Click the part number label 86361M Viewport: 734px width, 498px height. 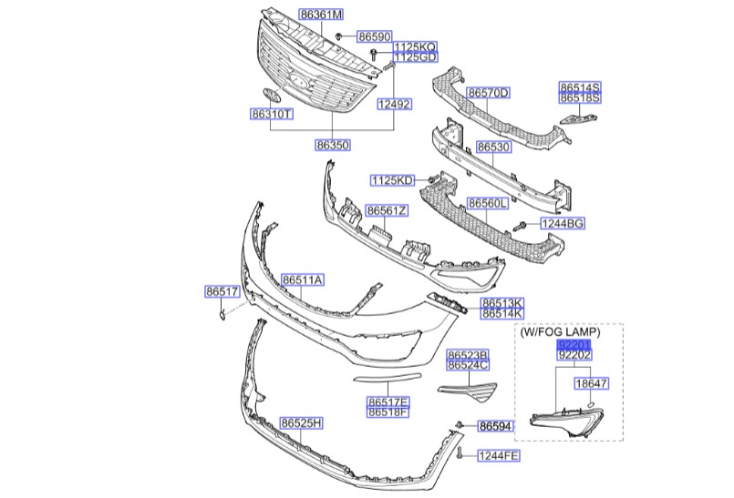click(322, 15)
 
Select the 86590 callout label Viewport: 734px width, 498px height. click(373, 36)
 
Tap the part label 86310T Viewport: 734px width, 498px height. click(273, 115)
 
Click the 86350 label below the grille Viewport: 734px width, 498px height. click(334, 145)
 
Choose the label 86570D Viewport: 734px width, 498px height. click(489, 93)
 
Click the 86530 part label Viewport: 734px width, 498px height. click(493, 146)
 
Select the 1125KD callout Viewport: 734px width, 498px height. click(392, 179)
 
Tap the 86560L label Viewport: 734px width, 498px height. click(488, 203)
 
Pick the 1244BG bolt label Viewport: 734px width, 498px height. click(562, 223)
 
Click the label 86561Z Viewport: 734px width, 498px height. click(387, 210)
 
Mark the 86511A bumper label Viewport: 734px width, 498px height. click(302, 279)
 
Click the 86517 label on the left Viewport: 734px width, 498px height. click(221, 292)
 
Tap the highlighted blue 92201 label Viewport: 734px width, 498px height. click(574, 346)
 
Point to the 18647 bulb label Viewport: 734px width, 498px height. click(590, 384)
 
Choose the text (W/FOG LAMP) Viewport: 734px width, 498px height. click(560, 332)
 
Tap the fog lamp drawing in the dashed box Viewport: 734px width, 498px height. click(565, 420)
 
